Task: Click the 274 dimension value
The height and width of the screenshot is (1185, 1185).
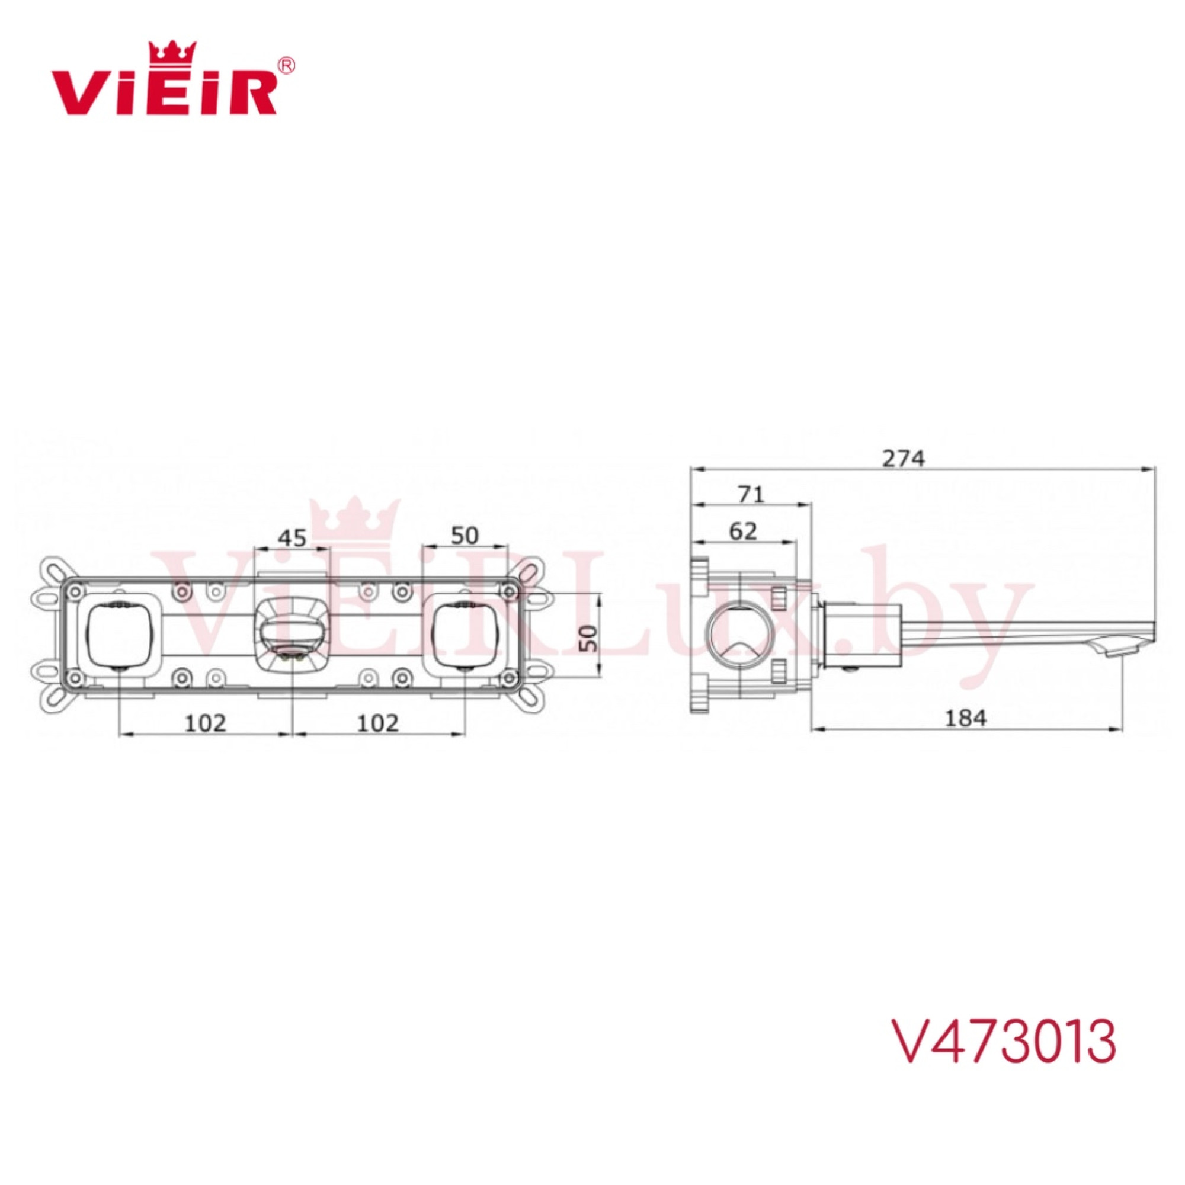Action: (903, 458)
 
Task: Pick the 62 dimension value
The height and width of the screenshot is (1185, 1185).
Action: (744, 531)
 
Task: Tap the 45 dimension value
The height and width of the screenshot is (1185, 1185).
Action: (292, 538)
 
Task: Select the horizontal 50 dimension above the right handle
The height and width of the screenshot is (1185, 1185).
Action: (465, 536)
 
